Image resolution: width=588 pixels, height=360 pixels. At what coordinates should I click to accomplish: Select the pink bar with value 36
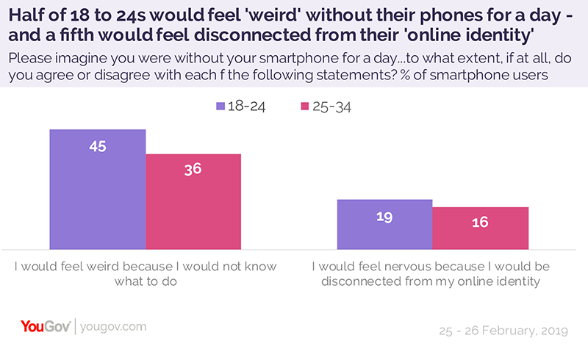193,201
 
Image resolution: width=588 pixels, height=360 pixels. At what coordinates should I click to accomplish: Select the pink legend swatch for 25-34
305,106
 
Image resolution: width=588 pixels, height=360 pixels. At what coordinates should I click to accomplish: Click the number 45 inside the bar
98,146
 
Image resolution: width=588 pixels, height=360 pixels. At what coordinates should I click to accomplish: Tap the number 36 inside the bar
193,169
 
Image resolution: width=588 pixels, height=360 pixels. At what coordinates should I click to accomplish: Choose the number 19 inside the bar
384,217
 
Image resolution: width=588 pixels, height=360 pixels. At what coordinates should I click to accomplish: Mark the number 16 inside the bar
480,222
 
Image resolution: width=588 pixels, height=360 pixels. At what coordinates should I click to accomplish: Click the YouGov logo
46,325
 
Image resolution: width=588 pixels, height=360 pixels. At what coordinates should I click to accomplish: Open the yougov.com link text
112,326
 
